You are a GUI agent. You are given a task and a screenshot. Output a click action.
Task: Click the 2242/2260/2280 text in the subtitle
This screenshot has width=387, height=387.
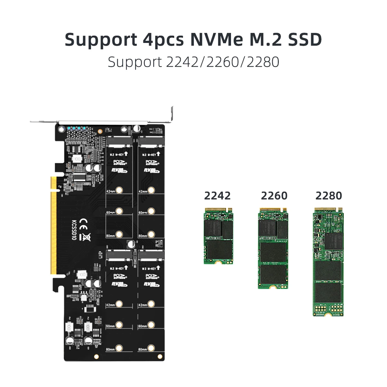click(x=223, y=62)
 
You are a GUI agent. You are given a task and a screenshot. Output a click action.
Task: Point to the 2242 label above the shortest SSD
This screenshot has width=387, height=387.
click(x=217, y=196)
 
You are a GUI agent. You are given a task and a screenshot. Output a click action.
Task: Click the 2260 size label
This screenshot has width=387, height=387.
click(x=274, y=196)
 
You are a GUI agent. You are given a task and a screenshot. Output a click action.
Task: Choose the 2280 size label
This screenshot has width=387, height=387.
click(x=329, y=196)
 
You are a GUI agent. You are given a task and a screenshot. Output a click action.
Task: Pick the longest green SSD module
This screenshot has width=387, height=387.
click(x=328, y=262)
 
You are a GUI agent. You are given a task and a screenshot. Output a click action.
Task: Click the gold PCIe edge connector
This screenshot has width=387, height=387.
click(x=53, y=226)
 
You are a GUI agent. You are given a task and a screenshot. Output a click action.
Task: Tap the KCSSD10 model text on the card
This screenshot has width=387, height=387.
click(x=74, y=230)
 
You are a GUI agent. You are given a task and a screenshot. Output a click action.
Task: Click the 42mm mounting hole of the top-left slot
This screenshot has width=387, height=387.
click(x=119, y=190)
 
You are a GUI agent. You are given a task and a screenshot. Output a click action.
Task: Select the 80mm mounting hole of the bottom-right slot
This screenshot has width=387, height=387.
click(x=151, y=348)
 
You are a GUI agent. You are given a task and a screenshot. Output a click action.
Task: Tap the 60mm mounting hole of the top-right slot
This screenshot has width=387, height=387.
click(x=151, y=212)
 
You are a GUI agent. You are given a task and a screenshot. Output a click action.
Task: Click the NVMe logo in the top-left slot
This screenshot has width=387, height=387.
click(x=119, y=170)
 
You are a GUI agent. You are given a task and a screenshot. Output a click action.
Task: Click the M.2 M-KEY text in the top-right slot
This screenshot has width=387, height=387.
click(x=149, y=154)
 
